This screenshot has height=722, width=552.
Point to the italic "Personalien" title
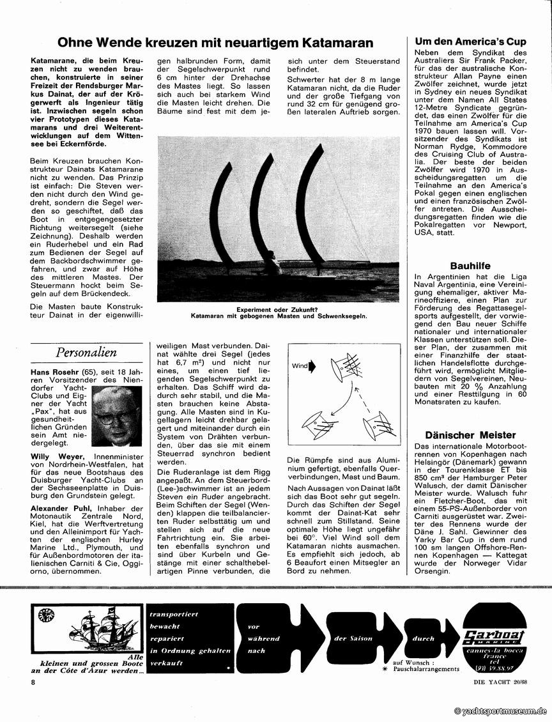86,352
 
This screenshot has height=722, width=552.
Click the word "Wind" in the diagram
300,367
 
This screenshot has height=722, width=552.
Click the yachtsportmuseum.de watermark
500,710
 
